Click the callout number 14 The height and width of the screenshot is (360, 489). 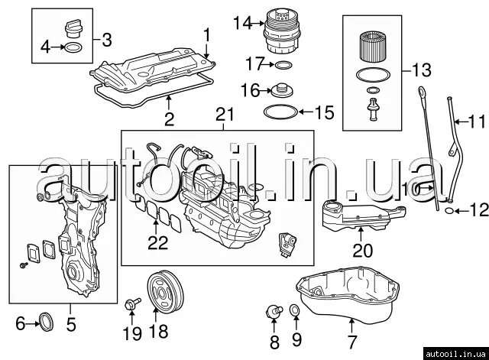pos(242,23)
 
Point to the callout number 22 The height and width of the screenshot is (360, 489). pos(157,243)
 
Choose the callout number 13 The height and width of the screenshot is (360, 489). pos(422,71)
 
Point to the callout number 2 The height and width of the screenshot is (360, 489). pos(169,119)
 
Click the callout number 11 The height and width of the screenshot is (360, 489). pos(477,122)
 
